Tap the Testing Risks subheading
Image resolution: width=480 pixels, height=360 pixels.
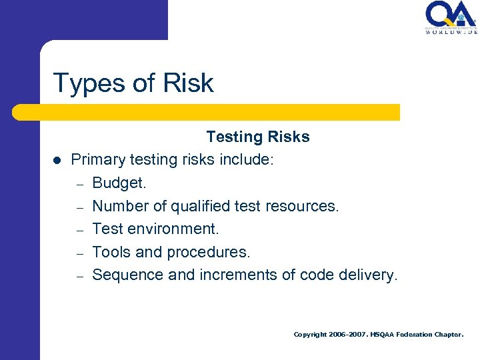(x=258, y=137)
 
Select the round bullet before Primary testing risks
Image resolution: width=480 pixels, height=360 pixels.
(x=57, y=161)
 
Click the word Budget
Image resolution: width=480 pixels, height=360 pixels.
(x=118, y=183)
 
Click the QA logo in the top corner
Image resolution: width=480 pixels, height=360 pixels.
(x=450, y=13)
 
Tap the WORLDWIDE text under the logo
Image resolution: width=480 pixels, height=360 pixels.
(x=451, y=31)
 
